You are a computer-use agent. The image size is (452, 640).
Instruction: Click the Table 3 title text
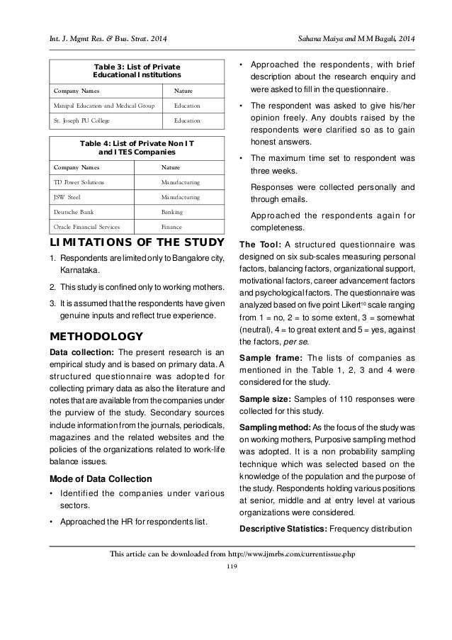pyautogui.click(x=137, y=69)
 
